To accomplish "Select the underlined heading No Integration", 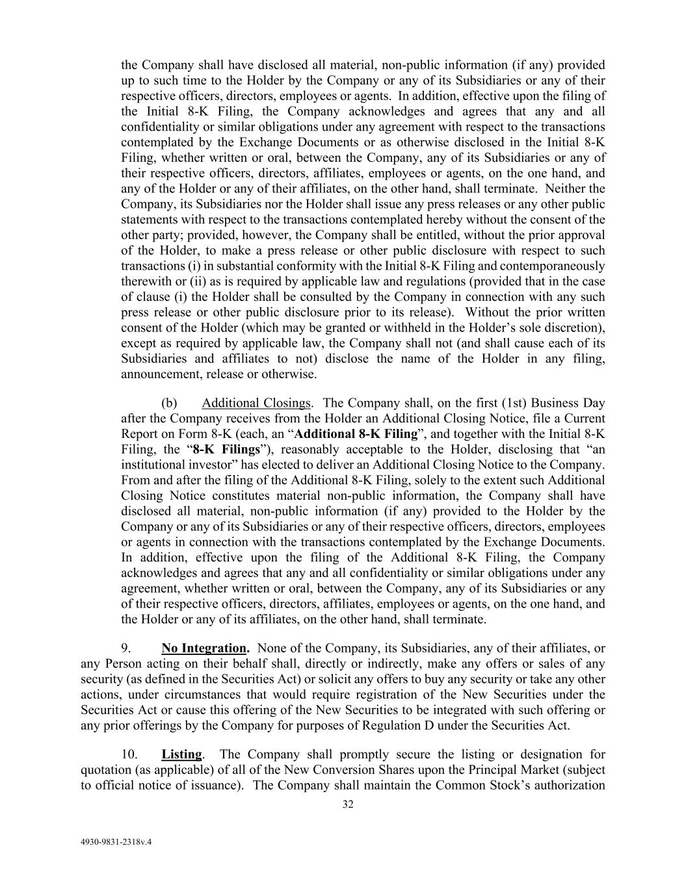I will (205, 648).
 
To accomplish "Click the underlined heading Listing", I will (181, 754).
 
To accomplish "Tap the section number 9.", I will (127, 648).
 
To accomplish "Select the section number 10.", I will (129, 754).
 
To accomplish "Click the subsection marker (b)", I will (169, 403).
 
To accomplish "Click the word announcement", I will (161, 374).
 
